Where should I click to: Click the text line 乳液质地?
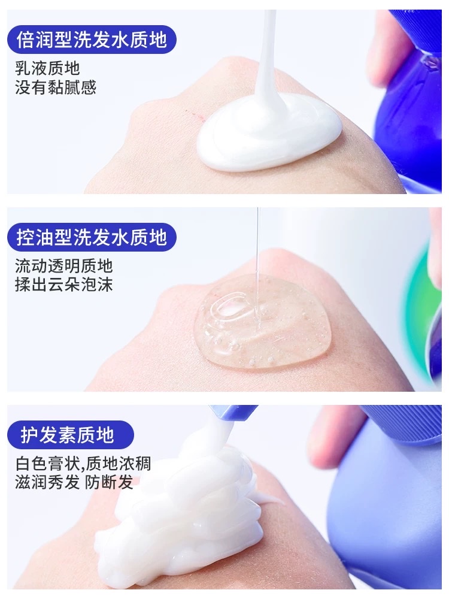47,69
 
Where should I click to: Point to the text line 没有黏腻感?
56,88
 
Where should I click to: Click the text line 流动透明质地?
64,265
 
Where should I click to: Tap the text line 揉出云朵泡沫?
64,285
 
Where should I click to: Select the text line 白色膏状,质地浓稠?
83,463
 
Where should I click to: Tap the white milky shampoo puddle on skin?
269,138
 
